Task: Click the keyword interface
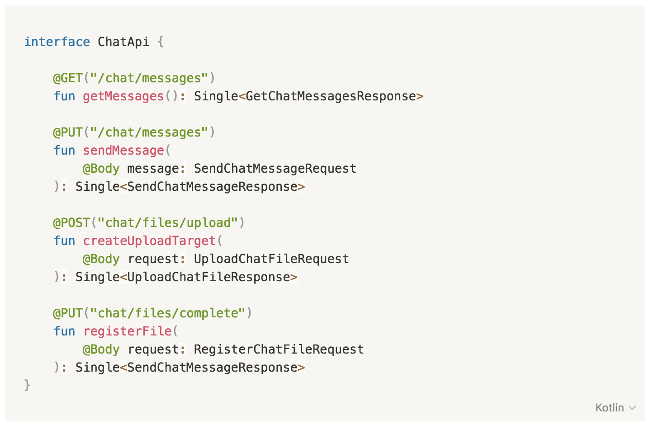coord(57,42)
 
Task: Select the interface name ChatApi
coord(123,42)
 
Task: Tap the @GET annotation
coord(68,78)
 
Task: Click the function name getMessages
coord(123,96)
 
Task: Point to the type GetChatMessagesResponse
coord(331,96)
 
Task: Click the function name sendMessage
coord(123,151)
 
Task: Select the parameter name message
coord(153,169)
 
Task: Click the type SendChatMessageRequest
coord(275,169)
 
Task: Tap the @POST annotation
coord(72,223)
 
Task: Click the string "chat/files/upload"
coord(168,223)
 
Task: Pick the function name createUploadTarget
coord(149,241)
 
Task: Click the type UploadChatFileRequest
coord(271,259)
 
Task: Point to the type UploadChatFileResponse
coord(209,277)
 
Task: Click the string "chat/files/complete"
coord(168,313)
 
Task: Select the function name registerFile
coord(127,331)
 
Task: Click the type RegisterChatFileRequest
coord(279,349)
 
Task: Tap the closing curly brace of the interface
coord(27,385)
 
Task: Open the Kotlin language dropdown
coord(615,408)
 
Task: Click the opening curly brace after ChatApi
coord(161,42)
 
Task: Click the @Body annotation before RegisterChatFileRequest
coord(101,349)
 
